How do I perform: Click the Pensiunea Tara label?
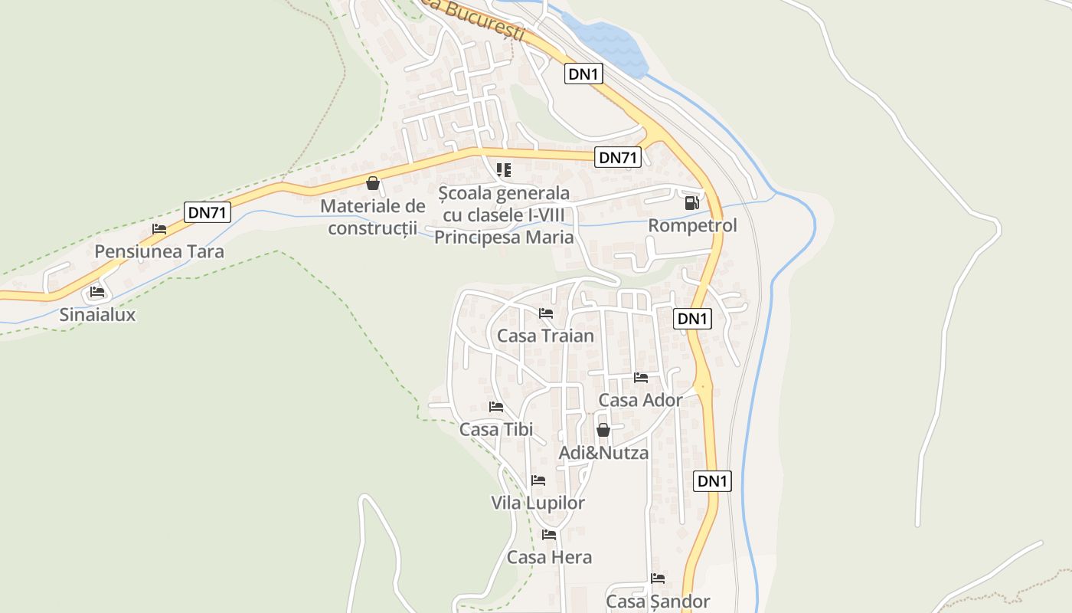pyautogui.click(x=159, y=251)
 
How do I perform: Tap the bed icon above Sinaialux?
pyautogui.click(x=97, y=292)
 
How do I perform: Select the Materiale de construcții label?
pyautogui.click(x=372, y=217)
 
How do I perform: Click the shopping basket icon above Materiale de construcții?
pyautogui.click(x=373, y=183)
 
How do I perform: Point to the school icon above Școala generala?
pyautogui.click(x=503, y=169)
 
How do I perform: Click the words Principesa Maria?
pyautogui.click(x=504, y=238)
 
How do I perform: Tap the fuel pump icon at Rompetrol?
pyautogui.click(x=691, y=203)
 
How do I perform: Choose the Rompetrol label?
pyautogui.click(x=692, y=225)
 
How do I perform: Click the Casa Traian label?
pyautogui.click(x=545, y=336)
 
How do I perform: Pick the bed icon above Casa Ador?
pyautogui.click(x=641, y=378)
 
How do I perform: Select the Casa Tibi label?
pyautogui.click(x=496, y=429)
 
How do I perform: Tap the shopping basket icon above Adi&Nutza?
pyautogui.click(x=603, y=430)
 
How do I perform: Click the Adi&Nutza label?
pyautogui.click(x=603, y=452)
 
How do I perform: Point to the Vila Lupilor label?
pyautogui.click(x=538, y=503)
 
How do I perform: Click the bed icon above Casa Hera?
pyautogui.click(x=549, y=535)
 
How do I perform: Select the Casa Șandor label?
pyautogui.click(x=658, y=602)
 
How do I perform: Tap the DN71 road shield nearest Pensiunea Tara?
pyautogui.click(x=208, y=212)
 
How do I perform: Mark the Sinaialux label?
pyautogui.click(x=97, y=314)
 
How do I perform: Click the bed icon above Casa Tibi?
pyautogui.click(x=496, y=407)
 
